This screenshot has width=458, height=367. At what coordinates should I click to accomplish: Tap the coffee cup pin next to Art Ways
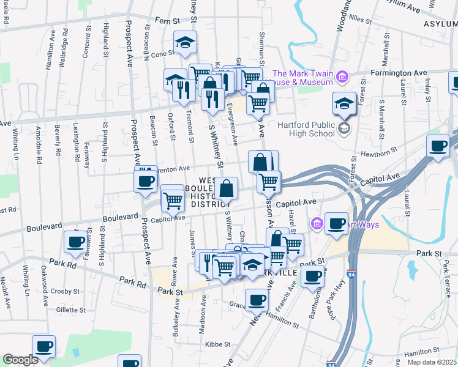coord(336,222)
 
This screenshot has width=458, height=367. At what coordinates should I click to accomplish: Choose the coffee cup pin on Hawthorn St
coord(438,146)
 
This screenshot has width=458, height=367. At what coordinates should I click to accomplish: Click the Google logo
coord(20,360)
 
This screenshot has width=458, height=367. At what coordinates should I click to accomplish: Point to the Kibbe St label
coord(217,344)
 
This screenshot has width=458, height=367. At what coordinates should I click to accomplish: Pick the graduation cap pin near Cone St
coord(184,42)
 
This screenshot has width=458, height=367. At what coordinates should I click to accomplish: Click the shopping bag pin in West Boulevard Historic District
coord(226,188)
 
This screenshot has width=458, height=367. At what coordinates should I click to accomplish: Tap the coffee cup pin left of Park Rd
coord(75,241)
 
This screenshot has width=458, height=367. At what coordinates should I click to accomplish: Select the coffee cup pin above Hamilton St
coord(256,299)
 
